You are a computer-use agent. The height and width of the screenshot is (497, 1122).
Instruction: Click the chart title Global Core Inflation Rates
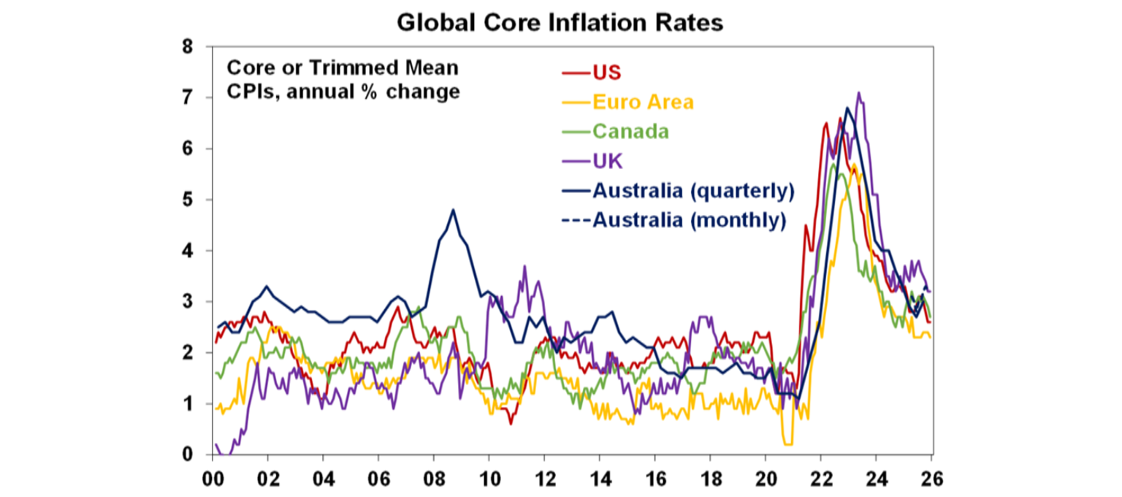point(560,22)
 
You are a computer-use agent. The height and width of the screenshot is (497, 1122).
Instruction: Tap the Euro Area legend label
point(643,102)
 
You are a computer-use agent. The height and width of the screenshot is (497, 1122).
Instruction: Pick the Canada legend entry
point(631,132)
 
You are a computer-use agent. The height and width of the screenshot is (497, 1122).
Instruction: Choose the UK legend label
point(607,161)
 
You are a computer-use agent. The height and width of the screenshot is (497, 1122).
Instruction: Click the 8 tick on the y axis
point(188,47)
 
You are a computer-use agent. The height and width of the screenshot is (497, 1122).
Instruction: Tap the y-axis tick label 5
point(188,200)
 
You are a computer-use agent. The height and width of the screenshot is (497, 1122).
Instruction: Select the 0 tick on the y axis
point(188,455)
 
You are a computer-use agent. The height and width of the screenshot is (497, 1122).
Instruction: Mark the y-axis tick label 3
point(188,302)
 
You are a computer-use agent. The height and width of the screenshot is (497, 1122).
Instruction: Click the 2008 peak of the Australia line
point(453,210)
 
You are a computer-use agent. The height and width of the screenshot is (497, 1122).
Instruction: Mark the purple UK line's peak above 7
point(858,93)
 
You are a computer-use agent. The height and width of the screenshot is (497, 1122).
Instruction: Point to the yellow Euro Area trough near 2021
point(787,443)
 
